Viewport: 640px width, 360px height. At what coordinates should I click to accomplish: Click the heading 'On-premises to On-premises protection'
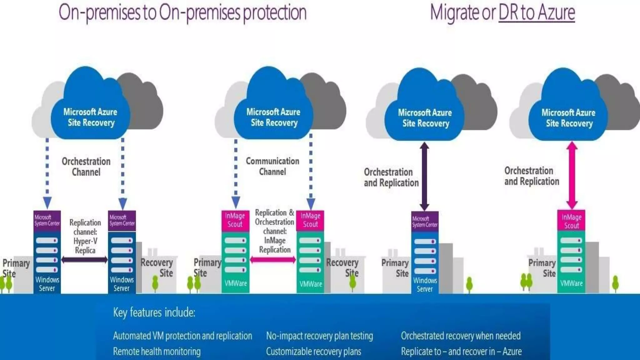click(x=182, y=12)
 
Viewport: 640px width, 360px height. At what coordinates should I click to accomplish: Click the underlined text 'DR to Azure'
click(x=537, y=12)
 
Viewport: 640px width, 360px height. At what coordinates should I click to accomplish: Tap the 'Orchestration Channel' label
click(x=86, y=167)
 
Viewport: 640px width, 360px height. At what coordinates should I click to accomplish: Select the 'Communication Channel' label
click(x=272, y=166)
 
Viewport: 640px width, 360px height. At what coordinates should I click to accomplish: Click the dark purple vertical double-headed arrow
click(x=424, y=176)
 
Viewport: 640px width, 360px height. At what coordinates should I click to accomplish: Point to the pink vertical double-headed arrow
click(x=572, y=175)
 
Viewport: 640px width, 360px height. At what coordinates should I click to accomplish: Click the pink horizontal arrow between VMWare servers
click(x=273, y=259)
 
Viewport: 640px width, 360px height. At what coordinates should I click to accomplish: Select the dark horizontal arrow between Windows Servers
click(x=84, y=259)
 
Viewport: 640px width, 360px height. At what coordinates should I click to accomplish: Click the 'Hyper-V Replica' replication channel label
click(x=85, y=237)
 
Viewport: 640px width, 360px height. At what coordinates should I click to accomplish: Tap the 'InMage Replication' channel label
click(x=275, y=231)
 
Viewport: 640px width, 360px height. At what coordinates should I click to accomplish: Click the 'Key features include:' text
click(x=154, y=312)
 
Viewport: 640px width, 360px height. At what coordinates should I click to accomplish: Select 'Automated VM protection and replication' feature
click(x=182, y=336)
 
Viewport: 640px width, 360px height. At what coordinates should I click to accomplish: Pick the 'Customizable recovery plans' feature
click(x=313, y=352)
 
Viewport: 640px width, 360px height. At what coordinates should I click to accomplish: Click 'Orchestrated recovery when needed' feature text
click(x=461, y=336)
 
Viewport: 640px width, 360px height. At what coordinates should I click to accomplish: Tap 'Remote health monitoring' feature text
click(x=157, y=352)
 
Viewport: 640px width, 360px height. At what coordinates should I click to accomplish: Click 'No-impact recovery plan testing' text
click(x=319, y=336)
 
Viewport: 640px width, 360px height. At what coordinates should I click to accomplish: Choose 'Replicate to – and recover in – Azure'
click(x=461, y=352)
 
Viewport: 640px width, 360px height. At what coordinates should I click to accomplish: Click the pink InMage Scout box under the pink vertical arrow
click(x=571, y=221)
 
